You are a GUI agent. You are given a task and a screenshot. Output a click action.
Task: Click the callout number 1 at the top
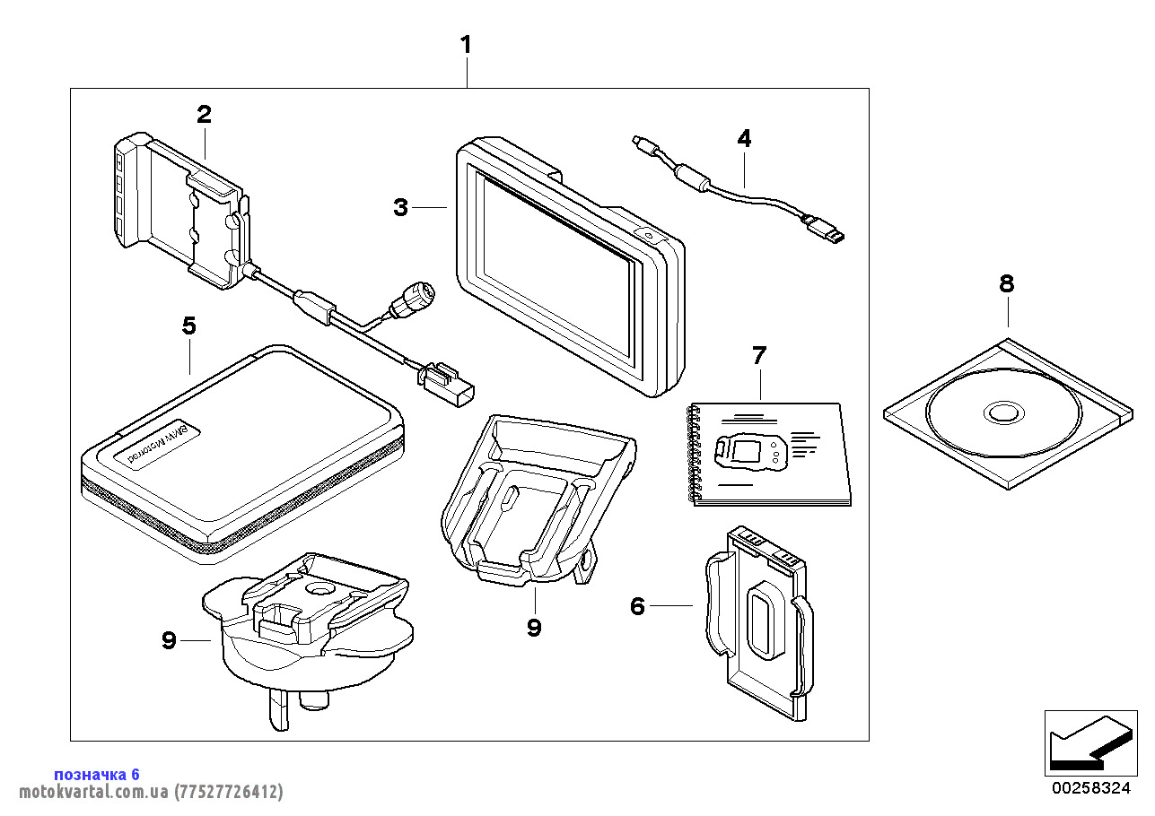(x=466, y=44)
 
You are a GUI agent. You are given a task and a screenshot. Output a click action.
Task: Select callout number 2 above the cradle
(x=205, y=115)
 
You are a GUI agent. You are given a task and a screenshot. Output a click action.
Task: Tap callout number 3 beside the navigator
(x=400, y=208)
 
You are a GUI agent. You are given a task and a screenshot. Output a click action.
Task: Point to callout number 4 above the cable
(x=744, y=138)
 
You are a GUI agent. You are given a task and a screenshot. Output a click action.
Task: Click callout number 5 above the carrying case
(x=188, y=326)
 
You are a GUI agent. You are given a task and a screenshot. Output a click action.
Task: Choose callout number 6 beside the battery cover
(x=637, y=607)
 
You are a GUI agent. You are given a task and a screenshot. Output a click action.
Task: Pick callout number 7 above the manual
(x=759, y=355)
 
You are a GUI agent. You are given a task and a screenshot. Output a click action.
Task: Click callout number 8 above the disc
(x=1007, y=284)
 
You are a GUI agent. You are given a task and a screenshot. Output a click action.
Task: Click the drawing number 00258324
(x=1090, y=788)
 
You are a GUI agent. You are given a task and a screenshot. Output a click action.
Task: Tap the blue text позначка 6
(x=97, y=775)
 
